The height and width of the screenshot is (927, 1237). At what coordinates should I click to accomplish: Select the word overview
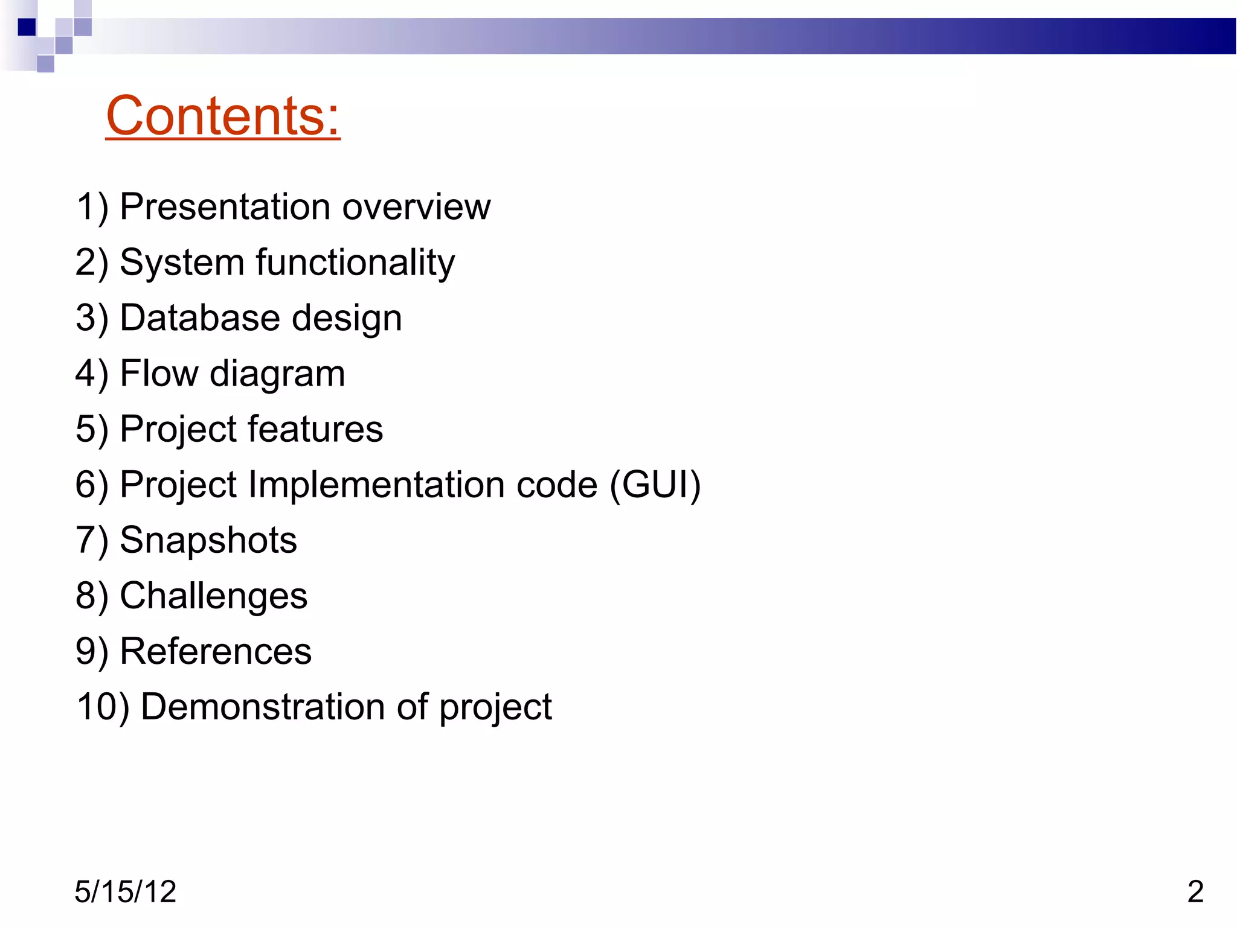click(416, 207)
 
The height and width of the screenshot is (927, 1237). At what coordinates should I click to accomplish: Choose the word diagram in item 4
click(277, 374)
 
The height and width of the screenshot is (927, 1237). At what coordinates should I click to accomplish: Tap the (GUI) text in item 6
click(655, 485)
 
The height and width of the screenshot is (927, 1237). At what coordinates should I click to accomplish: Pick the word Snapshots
click(208, 540)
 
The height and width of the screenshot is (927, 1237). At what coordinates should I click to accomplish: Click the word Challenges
click(214, 596)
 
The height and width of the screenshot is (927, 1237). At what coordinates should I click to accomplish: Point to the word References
click(216, 652)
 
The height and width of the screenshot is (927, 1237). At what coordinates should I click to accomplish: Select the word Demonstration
click(263, 707)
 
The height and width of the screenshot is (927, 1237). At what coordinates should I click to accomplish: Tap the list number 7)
click(92, 540)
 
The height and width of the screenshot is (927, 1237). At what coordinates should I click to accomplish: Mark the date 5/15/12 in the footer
click(125, 891)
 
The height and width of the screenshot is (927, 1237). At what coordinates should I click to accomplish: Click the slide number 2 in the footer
click(1195, 891)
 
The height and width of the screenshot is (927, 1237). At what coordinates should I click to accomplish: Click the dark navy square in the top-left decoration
click(27, 27)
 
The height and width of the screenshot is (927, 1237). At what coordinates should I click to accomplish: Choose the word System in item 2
click(182, 263)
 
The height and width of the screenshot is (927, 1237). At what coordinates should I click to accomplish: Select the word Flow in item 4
click(159, 374)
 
